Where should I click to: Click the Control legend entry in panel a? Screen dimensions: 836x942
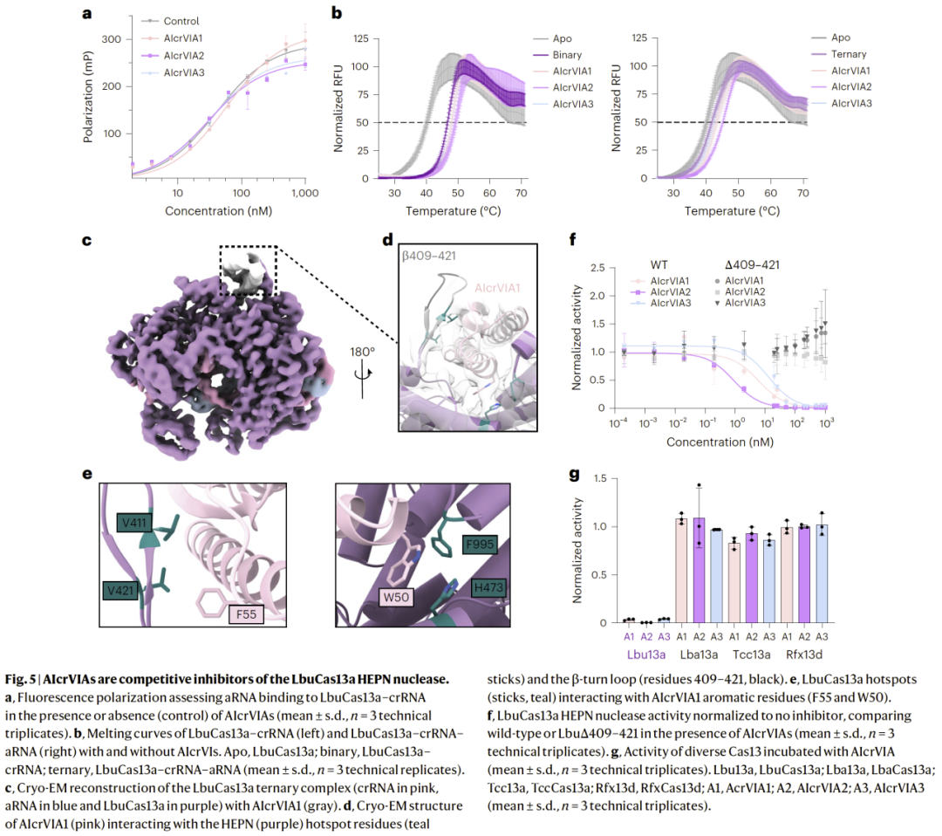[x=181, y=21]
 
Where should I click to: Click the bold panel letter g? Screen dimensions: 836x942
[x=573, y=476]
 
